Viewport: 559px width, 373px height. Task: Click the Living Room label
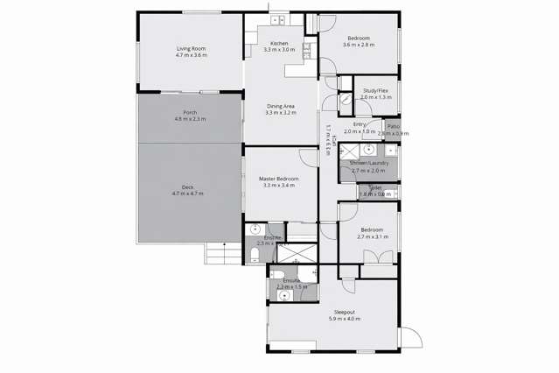click(x=191, y=49)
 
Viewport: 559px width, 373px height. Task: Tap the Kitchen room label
click(x=279, y=44)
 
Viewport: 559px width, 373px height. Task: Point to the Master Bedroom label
click(x=279, y=179)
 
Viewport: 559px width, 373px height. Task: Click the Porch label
click(x=190, y=113)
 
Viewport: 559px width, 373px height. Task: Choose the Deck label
click(x=187, y=186)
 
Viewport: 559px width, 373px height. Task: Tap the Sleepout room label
click(x=344, y=313)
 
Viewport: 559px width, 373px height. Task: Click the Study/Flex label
click(x=375, y=91)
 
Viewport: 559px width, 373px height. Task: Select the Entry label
click(x=360, y=125)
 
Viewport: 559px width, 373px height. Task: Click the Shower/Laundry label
click(x=368, y=164)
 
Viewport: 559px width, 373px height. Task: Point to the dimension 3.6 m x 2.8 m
click(x=359, y=45)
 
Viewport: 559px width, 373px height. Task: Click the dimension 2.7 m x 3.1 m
click(x=372, y=236)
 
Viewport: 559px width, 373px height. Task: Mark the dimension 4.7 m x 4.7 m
click(x=187, y=193)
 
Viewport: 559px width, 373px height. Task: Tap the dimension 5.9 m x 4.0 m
click(x=344, y=319)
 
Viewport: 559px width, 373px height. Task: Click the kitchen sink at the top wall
click(x=279, y=20)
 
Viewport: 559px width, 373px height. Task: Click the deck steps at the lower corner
click(x=217, y=253)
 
